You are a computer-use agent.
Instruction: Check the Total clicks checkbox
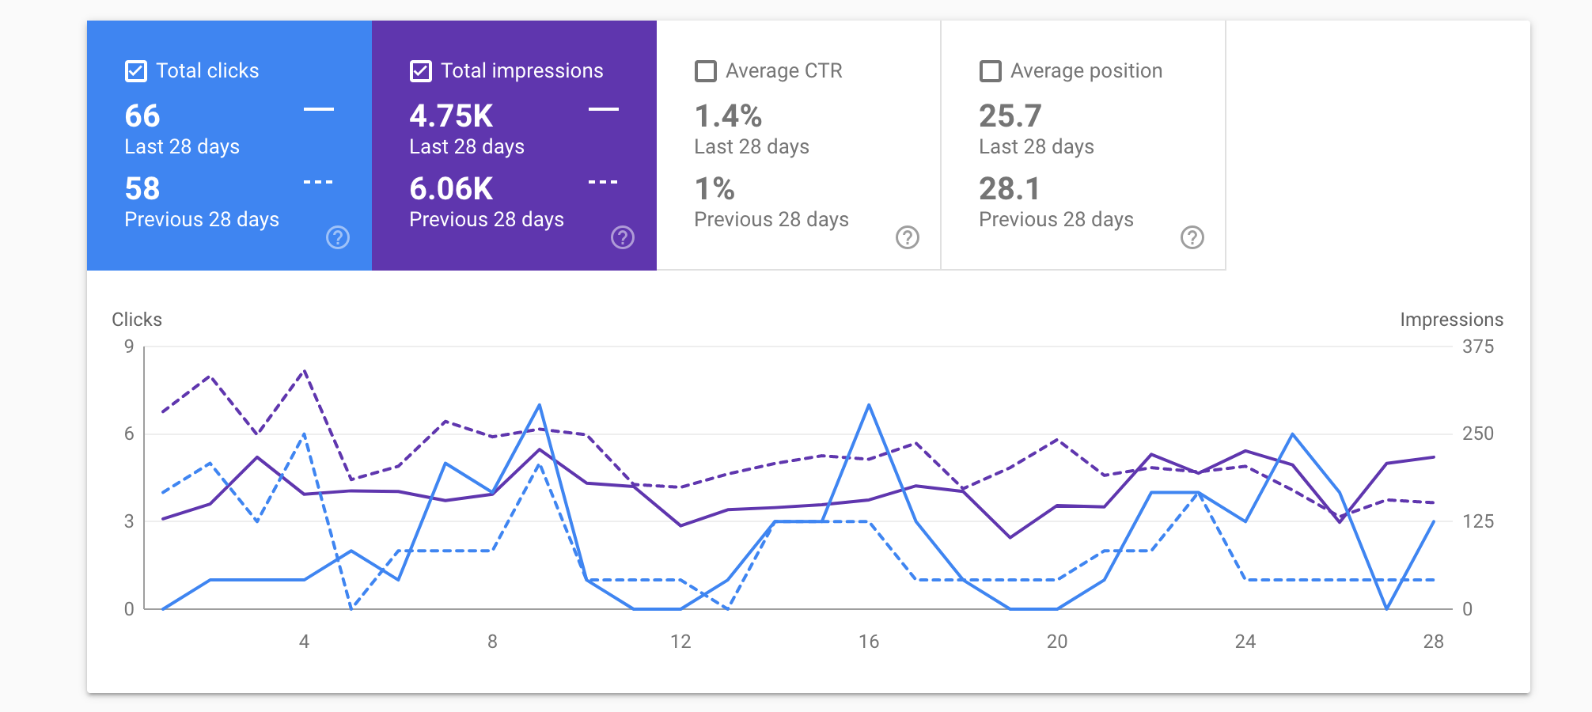[x=136, y=71]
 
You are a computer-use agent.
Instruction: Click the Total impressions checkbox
[x=421, y=71]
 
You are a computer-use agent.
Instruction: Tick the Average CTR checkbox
[x=705, y=71]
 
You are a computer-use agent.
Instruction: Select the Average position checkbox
[x=990, y=71]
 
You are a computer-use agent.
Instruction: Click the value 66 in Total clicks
[x=142, y=116]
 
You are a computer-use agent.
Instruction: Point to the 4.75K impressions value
[x=451, y=116]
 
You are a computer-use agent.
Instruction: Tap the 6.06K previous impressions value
[x=451, y=189]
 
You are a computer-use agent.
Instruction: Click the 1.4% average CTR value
[x=728, y=116]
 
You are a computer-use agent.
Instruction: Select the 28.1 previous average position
[x=1010, y=189]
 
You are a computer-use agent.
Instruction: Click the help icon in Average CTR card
[x=908, y=237]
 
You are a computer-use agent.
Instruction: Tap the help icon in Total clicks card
[x=338, y=237]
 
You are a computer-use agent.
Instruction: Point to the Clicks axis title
[x=137, y=320]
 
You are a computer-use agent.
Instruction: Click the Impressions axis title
[x=1451, y=320]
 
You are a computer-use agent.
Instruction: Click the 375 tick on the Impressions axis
[x=1477, y=347]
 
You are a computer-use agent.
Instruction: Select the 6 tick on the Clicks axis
[x=129, y=434]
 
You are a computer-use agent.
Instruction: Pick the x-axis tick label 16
[x=869, y=642]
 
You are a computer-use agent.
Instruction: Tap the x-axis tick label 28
[x=1433, y=642]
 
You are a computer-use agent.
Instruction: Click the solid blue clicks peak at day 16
[x=869, y=405]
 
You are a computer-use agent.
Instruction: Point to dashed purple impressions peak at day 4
[x=305, y=370]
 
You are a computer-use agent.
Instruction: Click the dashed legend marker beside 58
[x=318, y=183]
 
